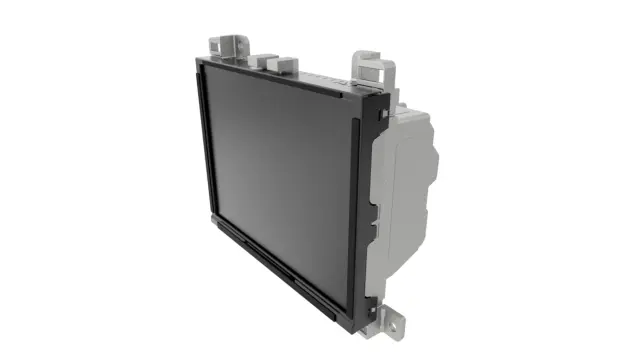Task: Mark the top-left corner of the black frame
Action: [x=197, y=60]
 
